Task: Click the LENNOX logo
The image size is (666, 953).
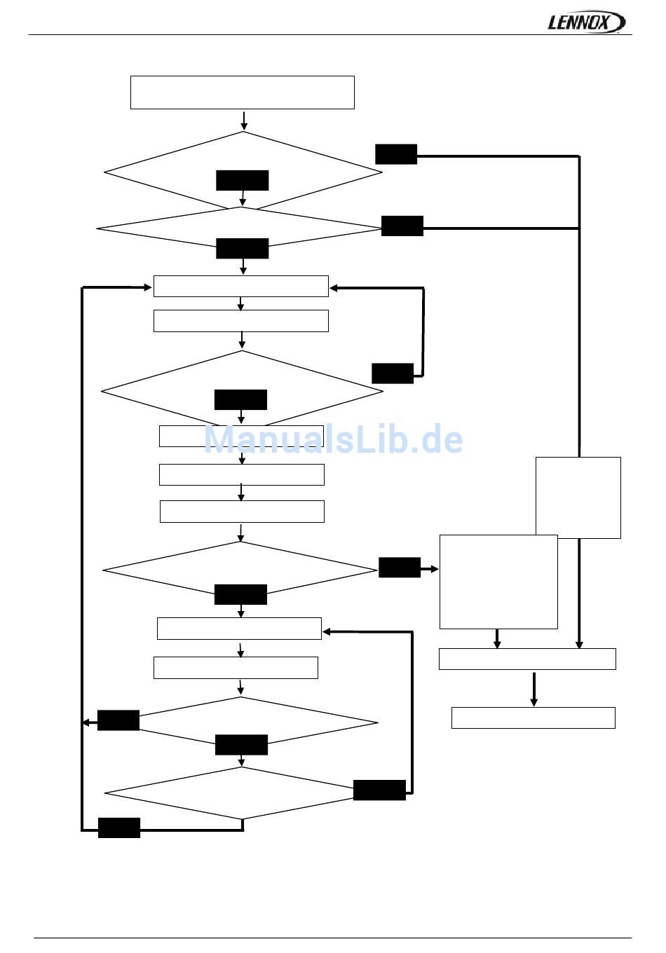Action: [x=585, y=22]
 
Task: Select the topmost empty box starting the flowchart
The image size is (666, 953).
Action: [x=242, y=92]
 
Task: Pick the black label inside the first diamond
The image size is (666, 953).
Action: [x=242, y=180]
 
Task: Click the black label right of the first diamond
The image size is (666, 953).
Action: [x=396, y=154]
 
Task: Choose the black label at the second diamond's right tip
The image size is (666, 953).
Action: [x=402, y=226]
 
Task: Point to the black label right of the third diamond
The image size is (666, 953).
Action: [x=393, y=373]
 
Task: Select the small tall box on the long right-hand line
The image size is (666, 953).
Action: [x=578, y=497]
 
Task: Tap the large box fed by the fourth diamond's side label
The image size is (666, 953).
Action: [x=498, y=582]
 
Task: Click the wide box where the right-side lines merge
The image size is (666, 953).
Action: [x=527, y=659]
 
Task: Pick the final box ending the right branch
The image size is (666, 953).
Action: [x=533, y=718]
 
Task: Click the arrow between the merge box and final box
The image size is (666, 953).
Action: [x=534, y=688]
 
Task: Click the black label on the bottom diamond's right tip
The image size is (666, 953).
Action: [x=379, y=790]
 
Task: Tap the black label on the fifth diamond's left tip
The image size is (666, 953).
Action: [x=118, y=720]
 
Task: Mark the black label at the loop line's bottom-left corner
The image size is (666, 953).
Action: [x=119, y=828]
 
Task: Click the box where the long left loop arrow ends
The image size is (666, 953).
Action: [x=240, y=287]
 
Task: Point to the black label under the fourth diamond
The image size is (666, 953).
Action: [x=240, y=594]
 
